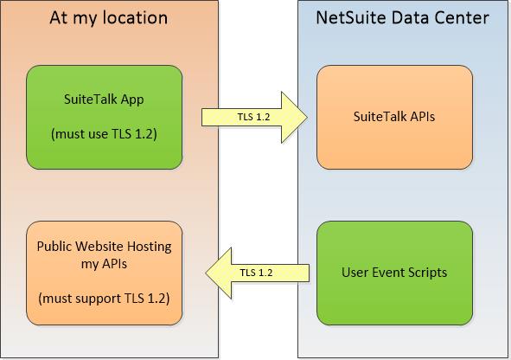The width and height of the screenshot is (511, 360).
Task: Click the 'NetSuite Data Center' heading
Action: click(x=402, y=17)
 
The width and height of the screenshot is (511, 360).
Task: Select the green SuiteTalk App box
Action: click(x=105, y=117)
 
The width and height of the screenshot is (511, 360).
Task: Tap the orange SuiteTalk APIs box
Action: click(x=394, y=117)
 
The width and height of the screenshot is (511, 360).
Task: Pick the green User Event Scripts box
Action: click(x=394, y=272)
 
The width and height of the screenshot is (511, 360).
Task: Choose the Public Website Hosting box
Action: click(x=105, y=272)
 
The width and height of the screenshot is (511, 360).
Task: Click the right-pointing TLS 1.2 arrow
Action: click(x=256, y=117)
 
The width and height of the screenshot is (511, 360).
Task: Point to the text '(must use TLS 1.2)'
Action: click(x=105, y=134)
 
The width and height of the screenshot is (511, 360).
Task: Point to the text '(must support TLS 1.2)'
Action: click(x=105, y=299)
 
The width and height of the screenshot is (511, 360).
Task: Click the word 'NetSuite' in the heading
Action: click(x=350, y=17)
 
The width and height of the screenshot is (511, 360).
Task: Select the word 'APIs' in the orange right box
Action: click(x=420, y=117)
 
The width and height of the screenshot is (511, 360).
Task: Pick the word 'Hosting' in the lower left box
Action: click(x=150, y=247)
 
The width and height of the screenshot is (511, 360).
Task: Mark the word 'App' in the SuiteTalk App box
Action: click(x=133, y=100)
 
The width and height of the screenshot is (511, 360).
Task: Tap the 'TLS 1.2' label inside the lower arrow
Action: click(x=256, y=273)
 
